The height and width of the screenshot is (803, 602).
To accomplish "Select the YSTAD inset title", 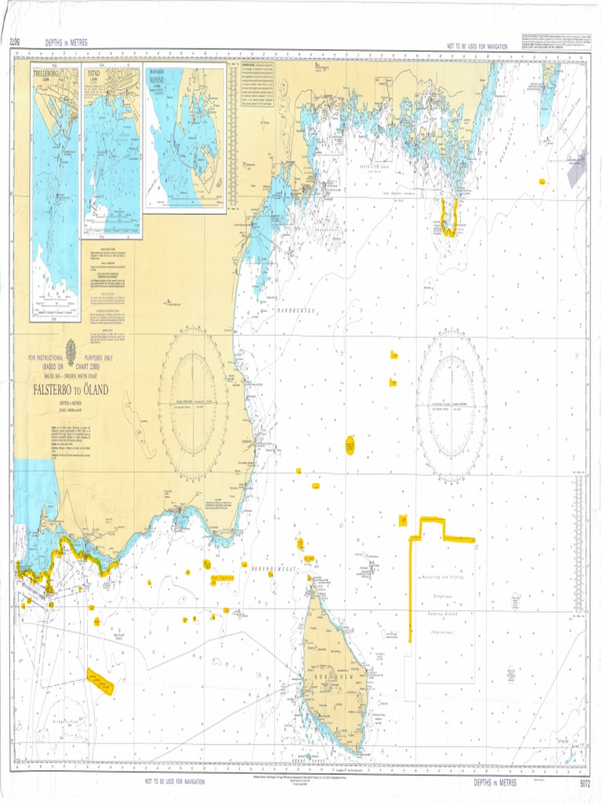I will click(x=94, y=74).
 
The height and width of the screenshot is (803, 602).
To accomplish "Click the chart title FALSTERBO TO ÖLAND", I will click(x=71, y=389).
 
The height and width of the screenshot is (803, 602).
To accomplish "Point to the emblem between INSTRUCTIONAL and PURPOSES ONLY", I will click(x=71, y=347).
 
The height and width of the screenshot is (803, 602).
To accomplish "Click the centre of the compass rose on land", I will click(x=194, y=404).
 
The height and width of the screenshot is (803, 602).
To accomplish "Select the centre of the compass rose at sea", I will click(x=451, y=405).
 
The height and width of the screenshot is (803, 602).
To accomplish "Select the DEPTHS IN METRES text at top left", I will click(x=67, y=43).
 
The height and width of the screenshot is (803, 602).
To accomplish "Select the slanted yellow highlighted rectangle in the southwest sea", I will click(x=100, y=682).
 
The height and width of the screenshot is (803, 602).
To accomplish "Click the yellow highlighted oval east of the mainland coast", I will click(x=350, y=445).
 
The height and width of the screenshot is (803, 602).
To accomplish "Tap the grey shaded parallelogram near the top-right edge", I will click(x=576, y=169).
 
